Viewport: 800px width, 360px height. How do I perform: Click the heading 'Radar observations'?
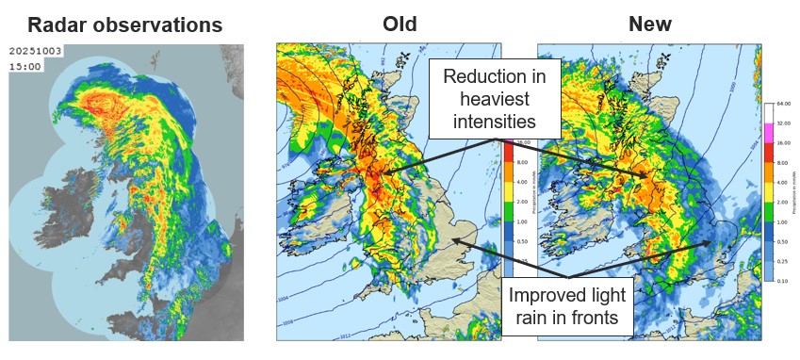(125, 25)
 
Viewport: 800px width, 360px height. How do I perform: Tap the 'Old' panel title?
(399, 25)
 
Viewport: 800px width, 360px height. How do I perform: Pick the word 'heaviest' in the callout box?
(495, 99)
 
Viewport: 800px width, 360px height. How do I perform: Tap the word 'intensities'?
(495, 122)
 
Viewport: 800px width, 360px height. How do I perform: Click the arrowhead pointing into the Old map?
(453, 241)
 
